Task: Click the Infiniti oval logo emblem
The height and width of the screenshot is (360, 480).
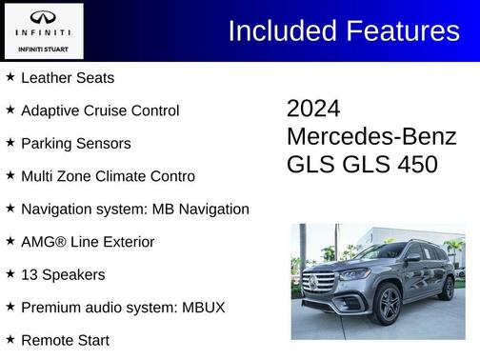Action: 43,18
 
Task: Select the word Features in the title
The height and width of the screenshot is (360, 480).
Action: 399,31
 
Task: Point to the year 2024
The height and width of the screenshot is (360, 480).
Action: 313,109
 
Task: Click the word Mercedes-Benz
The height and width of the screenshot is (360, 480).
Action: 371,136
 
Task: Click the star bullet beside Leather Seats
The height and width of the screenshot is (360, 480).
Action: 10,76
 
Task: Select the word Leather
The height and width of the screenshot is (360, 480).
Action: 46,78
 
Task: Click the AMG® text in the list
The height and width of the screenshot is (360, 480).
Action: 43,242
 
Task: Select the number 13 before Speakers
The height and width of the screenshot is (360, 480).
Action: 29,274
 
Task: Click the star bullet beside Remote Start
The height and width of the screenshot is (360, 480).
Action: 10,338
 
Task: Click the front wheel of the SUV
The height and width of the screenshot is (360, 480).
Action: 389,304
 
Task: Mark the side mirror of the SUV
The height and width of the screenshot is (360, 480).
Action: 412,258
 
